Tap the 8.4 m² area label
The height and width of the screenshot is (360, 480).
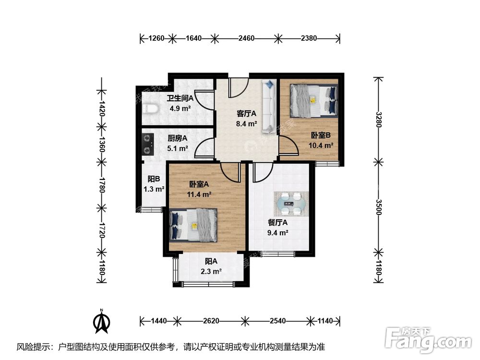point(247,123)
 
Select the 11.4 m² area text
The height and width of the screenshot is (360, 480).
point(199,194)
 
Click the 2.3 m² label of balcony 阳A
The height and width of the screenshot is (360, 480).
point(211,271)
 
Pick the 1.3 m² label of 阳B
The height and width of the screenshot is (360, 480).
point(154,189)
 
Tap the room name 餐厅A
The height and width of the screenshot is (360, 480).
point(277,223)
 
